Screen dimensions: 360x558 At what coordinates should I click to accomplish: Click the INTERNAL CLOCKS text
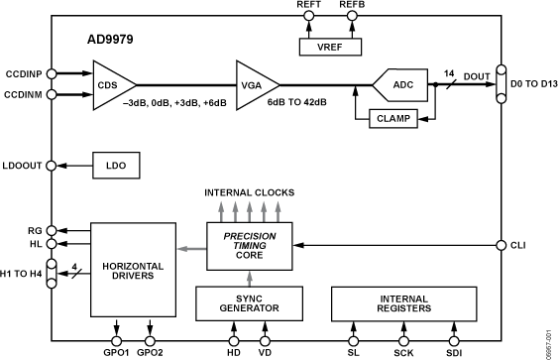(248, 190)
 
